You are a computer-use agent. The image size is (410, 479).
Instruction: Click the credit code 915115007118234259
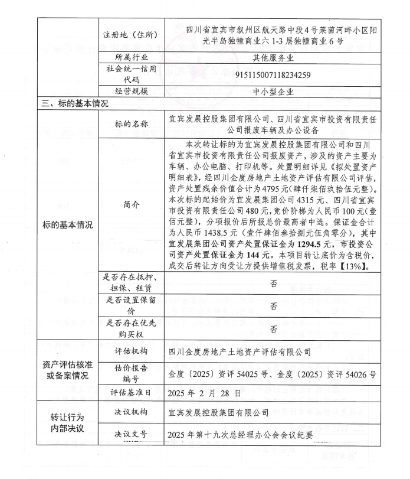pos(269,75)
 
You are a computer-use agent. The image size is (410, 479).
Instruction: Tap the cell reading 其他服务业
pos(269,57)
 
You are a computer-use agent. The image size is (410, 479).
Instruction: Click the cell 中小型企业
pos(269,92)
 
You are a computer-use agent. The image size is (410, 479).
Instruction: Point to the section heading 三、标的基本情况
pos(74,103)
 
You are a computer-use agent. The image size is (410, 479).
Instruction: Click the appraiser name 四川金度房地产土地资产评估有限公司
pos(240,351)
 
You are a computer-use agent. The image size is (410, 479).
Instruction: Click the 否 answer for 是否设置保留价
pos(273,307)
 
